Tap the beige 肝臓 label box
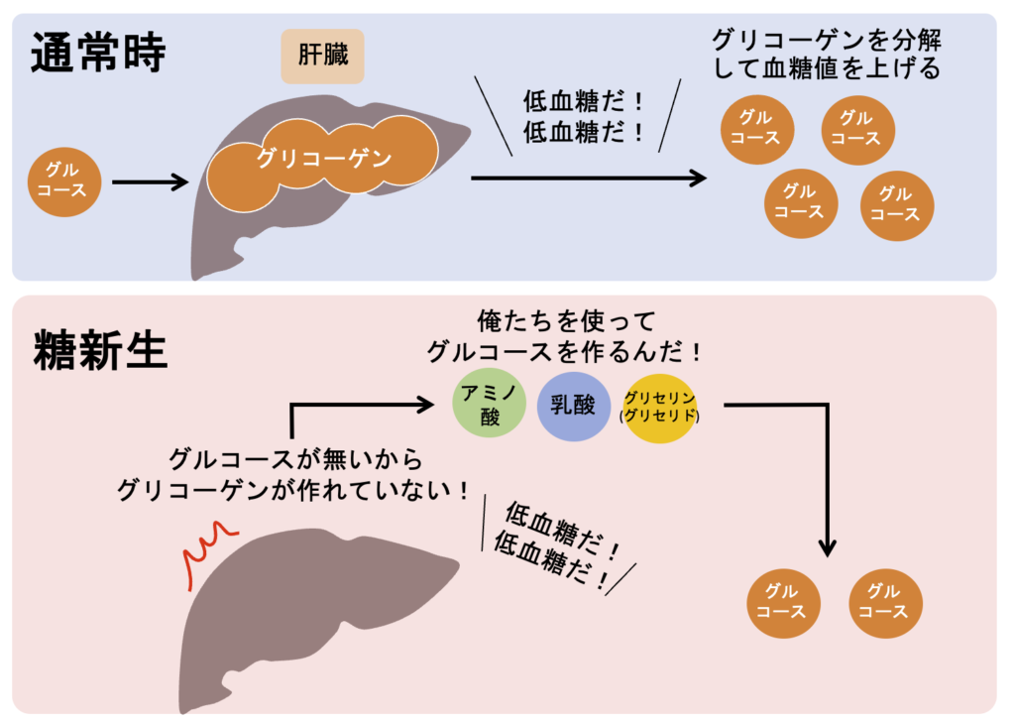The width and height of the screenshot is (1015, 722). [323, 56]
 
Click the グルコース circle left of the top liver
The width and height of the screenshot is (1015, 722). [62, 181]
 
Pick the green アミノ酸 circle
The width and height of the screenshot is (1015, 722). [490, 405]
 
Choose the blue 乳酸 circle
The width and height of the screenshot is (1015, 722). [574, 407]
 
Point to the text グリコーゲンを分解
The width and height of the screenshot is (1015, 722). [826, 41]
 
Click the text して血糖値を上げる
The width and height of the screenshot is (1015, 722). [826, 69]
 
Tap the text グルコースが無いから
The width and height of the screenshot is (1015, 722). [296, 460]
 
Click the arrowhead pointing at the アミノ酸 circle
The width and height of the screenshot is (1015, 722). [426, 404]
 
